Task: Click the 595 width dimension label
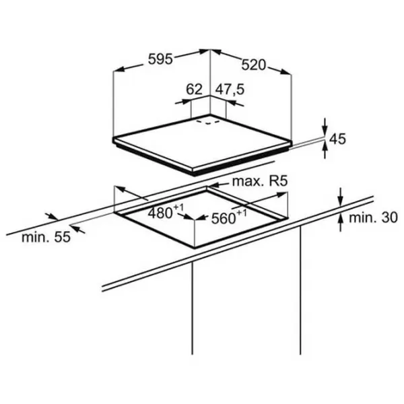tap(160, 59)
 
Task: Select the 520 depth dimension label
tap(253, 65)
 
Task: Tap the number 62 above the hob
tap(195, 90)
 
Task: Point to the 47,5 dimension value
tap(230, 90)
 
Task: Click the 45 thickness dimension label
tap(338, 139)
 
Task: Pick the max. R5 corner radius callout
tap(260, 181)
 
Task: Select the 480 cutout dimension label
tap(160, 213)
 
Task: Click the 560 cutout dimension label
tap(224, 219)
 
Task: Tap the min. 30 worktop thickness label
tap(373, 218)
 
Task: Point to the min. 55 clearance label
tap(46, 237)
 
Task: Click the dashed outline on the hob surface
tap(208, 122)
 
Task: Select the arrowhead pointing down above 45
tap(325, 130)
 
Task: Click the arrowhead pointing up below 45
tap(325, 146)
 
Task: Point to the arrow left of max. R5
tap(218, 184)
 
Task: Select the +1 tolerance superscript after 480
tap(178, 207)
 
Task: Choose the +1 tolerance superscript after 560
tap(242, 213)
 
